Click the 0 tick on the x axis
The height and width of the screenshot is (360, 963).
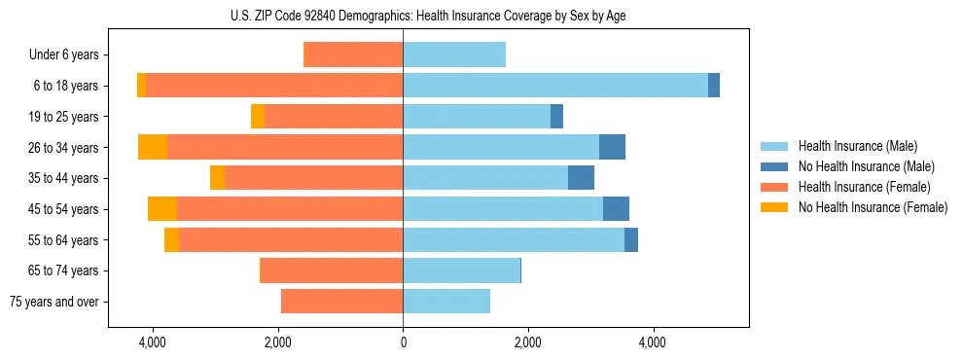pyautogui.click(x=403, y=342)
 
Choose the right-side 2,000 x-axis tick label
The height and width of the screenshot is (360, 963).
pyautogui.click(x=527, y=342)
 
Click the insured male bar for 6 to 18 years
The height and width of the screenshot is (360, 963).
pyautogui.click(x=555, y=86)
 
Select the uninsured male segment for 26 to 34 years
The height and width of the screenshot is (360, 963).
pyautogui.click(x=612, y=147)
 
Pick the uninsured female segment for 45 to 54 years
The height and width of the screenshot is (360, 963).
pyautogui.click(x=162, y=209)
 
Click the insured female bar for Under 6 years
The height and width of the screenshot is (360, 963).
pyautogui.click(x=354, y=54)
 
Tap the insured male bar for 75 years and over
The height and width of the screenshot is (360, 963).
pyautogui.click(x=446, y=302)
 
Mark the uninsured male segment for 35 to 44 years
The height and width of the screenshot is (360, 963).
pyautogui.click(x=581, y=178)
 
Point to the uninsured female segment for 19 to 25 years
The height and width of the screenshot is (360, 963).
pyautogui.click(x=258, y=117)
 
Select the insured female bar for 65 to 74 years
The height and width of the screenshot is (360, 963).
pyautogui.click(x=332, y=270)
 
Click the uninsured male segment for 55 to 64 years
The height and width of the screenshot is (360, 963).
pyautogui.click(x=631, y=239)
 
